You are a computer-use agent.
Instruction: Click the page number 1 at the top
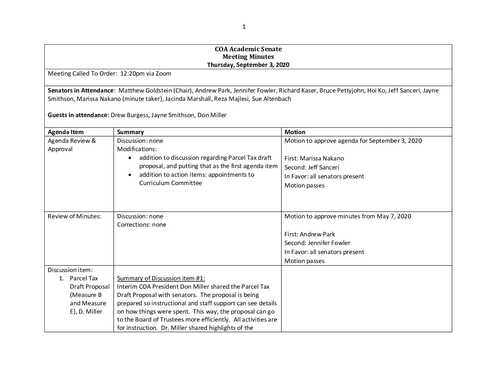pyautogui.click(x=244, y=27)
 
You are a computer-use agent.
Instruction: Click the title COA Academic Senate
pyautogui.click(x=248, y=49)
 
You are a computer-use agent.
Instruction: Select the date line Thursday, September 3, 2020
pyautogui.click(x=248, y=65)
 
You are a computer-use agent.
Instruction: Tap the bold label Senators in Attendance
pyautogui.click(x=80, y=90)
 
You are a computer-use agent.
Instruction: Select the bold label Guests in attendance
pyautogui.click(x=78, y=115)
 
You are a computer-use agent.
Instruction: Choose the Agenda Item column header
pyautogui.click(x=66, y=132)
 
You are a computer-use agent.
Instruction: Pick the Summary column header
pyautogui.click(x=130, y=132)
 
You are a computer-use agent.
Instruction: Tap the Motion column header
pyautogui.click(x=295, y=132)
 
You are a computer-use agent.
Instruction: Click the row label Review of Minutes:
pyautogui.click(x=74, y=216)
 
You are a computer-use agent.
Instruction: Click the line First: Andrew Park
pyautogui.click(x=310, y=234)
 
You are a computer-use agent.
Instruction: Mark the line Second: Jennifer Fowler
pyautogui.click(x=317, y=243)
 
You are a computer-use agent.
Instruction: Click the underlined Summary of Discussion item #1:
pyautogui.click(x=161, y=278)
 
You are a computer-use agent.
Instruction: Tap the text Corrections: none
pyautogui.click(x=141, y=225)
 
